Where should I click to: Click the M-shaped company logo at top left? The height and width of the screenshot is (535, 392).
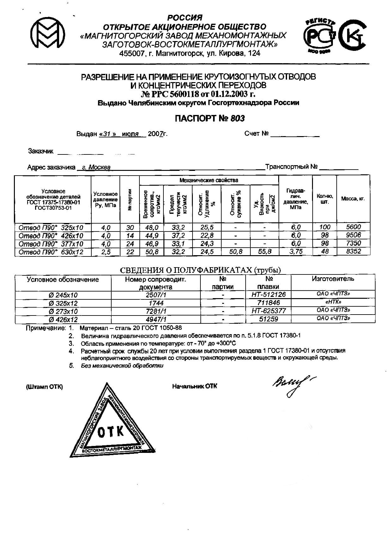click(x=48, y=33)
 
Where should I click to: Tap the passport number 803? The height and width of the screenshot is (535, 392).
click(x=238, y=118)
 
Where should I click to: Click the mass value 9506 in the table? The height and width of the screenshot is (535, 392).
click(x=353, y=235)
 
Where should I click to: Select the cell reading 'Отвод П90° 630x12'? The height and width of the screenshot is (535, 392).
click(x=51, y=252)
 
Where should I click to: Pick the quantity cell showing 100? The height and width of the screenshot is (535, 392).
click(x=325, y=227)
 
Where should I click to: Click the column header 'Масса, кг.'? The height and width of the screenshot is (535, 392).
click(x=353, y=199)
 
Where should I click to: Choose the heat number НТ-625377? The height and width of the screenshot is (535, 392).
click(x=268, y=311)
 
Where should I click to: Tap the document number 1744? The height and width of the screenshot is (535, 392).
click(x=156, y=303)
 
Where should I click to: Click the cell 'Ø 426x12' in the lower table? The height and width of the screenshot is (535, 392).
click(x=63, y=319)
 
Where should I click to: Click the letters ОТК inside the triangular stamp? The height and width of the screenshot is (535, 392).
click(x=110, y=432)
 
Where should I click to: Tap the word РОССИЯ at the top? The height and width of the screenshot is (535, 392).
click(x=185, y=18)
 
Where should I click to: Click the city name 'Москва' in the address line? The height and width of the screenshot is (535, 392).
click(x=99, y=167)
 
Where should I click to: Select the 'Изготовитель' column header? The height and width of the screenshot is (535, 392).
click(x=333, y=279)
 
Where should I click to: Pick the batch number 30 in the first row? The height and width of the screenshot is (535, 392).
click(x=130, y=227)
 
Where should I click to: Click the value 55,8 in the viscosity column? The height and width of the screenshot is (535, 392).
click(x=264, y=251)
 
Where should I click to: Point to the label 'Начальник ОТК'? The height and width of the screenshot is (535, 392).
click(x=194, y=386)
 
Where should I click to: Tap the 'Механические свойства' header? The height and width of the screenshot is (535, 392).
click(x=209, y=180)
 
